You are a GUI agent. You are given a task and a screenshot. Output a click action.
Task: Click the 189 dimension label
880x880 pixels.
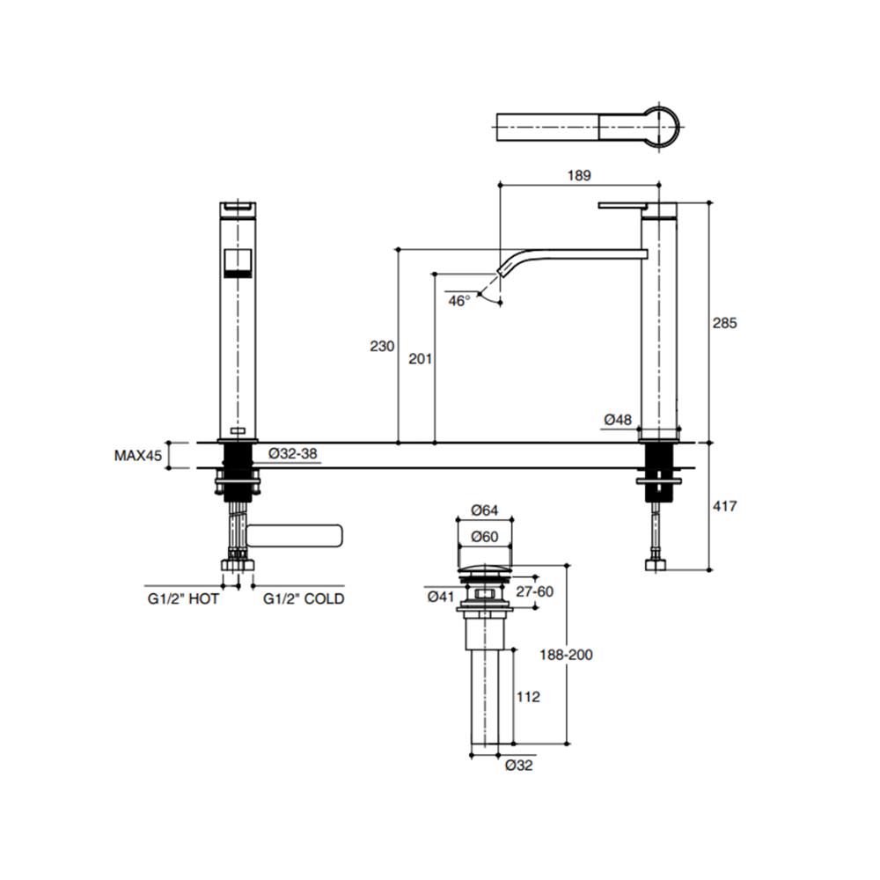(579, 176)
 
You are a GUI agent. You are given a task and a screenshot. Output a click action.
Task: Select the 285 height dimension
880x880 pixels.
(724, 323)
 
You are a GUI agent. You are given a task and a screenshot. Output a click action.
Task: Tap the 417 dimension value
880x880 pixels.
(724, 506)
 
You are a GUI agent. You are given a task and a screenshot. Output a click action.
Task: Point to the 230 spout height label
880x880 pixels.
(382, 346)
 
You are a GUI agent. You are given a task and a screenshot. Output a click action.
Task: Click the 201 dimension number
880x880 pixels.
(420, 359)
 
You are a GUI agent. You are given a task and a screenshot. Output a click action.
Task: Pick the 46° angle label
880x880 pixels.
(459, 301)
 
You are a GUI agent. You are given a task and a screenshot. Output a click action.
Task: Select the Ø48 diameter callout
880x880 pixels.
(618, 420)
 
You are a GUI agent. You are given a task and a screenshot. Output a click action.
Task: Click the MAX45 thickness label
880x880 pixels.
(138, 455)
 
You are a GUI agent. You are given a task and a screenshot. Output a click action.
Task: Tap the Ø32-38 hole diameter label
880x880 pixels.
(292, 453)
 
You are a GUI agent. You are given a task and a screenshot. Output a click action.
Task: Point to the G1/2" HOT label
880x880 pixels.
(183, 598)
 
